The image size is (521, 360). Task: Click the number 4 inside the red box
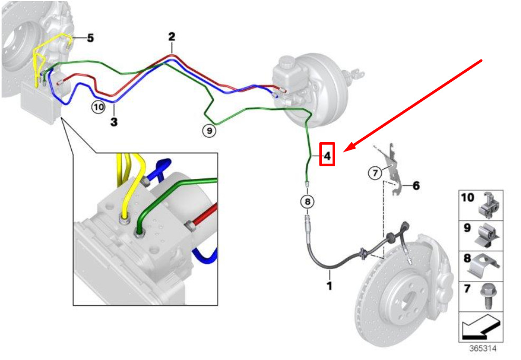tap(327, 156)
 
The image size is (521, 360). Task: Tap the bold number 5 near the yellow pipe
tap(90, 38)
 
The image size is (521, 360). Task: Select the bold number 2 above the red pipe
tap(172, 36)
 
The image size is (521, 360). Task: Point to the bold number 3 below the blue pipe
tap(114, 122)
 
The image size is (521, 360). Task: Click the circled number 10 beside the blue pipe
tap(98, 107)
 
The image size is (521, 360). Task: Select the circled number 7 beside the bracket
tap(374, 173)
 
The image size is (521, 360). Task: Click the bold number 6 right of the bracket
tap(416, 185)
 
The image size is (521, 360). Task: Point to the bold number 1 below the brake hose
tap(329, 286)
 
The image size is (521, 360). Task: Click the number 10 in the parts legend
tap(468, 197)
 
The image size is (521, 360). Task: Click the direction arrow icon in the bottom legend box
tap(480, 328)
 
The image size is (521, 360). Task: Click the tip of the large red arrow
tap(345, 149)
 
